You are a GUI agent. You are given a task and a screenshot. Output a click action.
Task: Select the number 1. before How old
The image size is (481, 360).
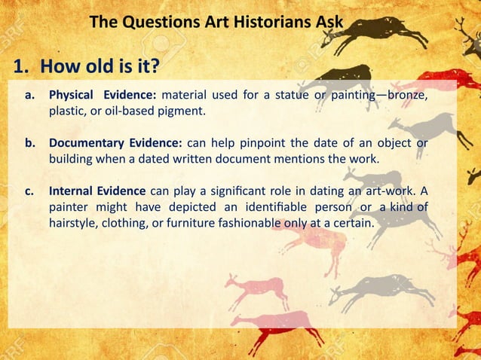[23, 67]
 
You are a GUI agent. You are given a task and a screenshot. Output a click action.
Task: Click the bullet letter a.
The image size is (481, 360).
[30, 96]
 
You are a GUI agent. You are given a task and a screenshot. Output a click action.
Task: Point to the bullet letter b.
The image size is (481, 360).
[30, 144]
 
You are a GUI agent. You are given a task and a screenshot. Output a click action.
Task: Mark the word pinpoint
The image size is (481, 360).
[277, 144]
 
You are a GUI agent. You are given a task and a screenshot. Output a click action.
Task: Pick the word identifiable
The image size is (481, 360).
[276, 207]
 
